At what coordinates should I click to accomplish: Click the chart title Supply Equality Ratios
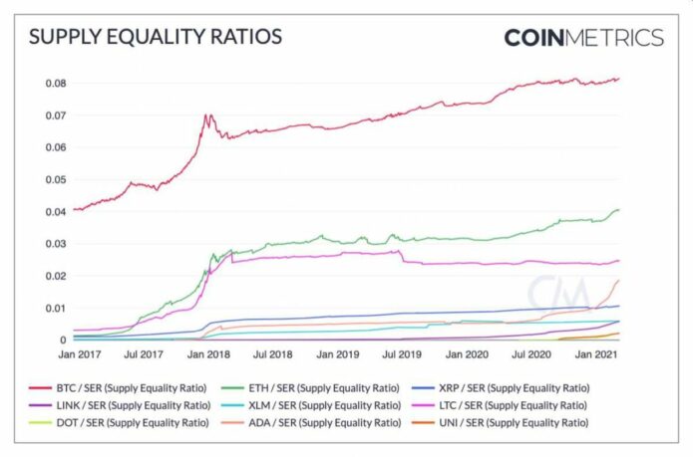(156, 38)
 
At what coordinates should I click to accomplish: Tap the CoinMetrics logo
(583, 38)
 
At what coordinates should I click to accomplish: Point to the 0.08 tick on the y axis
(55, 83)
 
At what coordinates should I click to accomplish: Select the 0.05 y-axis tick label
(55, 179)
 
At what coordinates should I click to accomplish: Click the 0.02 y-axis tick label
(55, 276)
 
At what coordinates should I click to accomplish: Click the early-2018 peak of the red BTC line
(206, 115)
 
